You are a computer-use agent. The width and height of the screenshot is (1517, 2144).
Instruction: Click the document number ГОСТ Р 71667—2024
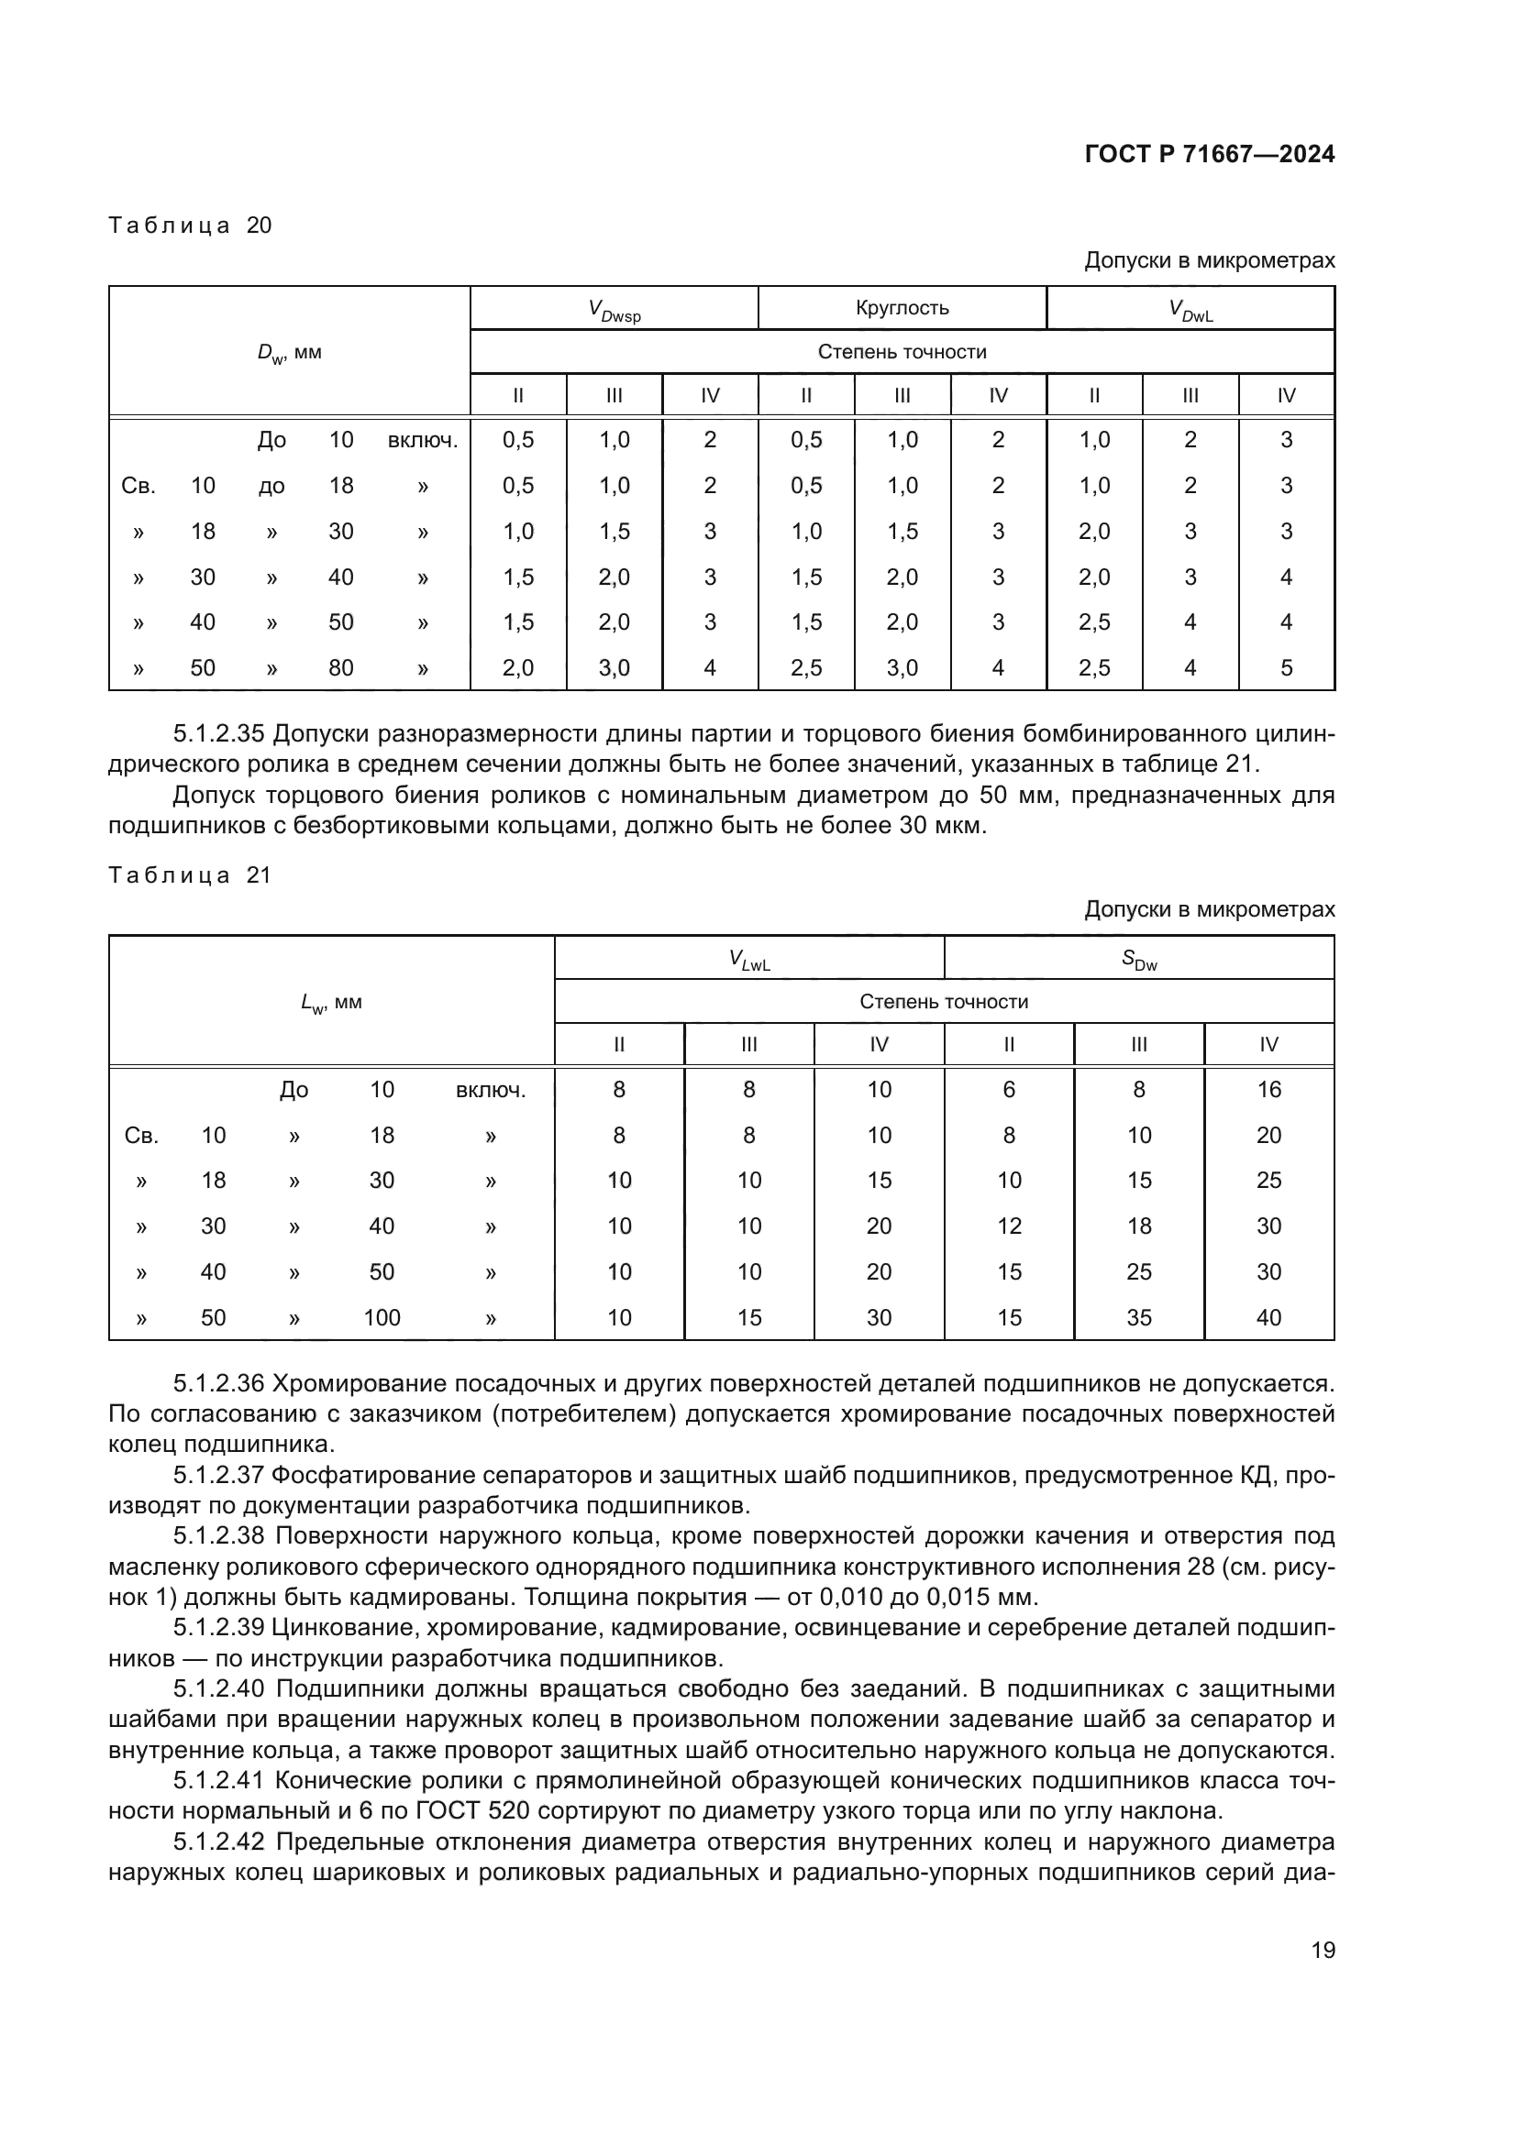point(1209,154)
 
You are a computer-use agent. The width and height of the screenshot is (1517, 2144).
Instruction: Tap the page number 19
point(1323,1950)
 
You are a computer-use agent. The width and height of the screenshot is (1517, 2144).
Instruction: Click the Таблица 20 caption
point(190,225)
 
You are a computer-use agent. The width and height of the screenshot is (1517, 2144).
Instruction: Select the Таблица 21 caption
point(190,875)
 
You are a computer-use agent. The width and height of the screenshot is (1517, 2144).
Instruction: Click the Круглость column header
point(902,308)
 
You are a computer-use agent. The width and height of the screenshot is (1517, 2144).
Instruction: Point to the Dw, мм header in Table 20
point(290,353)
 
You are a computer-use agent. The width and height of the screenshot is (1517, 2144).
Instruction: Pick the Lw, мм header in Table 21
point(331,1003)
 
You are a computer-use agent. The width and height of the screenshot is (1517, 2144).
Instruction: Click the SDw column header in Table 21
point(1139,958)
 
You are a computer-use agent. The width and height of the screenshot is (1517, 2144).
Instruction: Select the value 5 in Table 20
point(1285,667)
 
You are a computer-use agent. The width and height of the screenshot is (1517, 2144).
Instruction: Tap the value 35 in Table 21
point(1139,1317)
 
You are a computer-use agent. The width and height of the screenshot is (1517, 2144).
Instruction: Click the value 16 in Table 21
point(1268,1089)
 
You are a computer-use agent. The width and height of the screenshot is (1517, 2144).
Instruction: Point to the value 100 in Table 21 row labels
point(382,1317)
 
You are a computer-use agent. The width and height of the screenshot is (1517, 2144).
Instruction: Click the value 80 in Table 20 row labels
point(340,667)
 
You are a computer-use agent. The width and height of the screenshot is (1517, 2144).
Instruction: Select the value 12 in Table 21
point(1009,1226)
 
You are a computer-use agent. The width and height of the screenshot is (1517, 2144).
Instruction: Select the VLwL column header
point(749,958)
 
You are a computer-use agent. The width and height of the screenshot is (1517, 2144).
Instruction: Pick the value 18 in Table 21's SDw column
point(1139,1226)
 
